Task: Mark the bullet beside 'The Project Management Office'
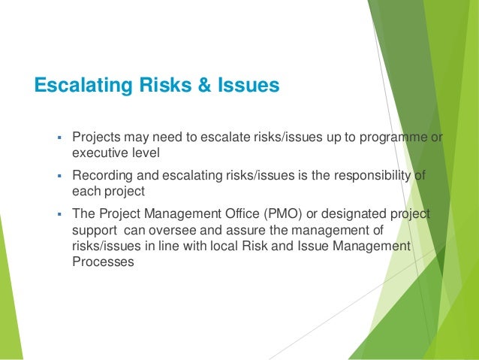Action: point(59,214)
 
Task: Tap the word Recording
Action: point(99,176)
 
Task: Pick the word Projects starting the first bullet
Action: point(95,138)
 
